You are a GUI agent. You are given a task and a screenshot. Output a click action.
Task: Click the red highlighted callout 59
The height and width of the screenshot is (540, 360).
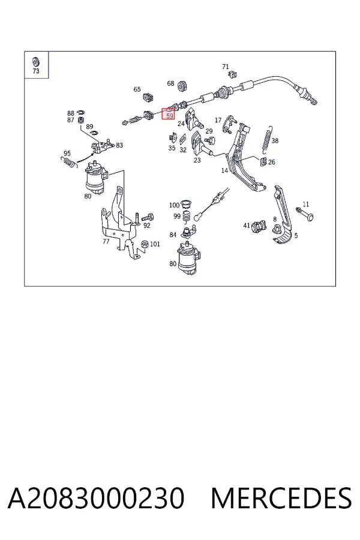169,113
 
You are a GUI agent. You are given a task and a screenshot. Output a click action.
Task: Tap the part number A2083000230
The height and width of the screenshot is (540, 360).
96,498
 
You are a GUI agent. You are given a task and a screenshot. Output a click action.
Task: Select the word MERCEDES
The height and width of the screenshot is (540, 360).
281,498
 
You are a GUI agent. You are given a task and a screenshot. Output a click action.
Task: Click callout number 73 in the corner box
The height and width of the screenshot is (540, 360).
36,71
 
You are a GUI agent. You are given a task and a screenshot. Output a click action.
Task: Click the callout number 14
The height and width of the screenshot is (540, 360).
224,170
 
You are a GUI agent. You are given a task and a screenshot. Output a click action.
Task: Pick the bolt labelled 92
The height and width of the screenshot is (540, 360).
148,217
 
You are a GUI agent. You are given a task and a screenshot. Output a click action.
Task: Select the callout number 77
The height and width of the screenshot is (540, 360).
106,241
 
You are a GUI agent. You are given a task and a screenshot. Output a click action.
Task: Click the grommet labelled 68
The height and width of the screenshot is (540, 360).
182,86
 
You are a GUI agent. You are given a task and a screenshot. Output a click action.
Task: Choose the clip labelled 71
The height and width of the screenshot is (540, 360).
233,73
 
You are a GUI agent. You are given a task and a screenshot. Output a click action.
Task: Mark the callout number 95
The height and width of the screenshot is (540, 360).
67,154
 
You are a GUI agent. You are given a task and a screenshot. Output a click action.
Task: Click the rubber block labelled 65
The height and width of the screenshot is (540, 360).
148,97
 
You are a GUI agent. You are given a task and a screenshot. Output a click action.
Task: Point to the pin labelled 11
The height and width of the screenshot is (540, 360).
305,214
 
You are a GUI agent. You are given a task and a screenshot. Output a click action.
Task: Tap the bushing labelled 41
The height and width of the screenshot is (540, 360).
259,226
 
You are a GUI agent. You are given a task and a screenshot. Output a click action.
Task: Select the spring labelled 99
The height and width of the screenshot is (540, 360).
187,217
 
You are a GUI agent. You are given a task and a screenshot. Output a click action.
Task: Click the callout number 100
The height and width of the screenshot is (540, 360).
174,205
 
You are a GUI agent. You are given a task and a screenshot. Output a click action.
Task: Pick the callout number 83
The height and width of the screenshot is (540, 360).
119,145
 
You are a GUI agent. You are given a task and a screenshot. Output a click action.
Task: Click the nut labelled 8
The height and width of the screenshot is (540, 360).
277,229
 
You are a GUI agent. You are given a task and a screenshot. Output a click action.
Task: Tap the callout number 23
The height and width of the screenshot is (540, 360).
197,160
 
